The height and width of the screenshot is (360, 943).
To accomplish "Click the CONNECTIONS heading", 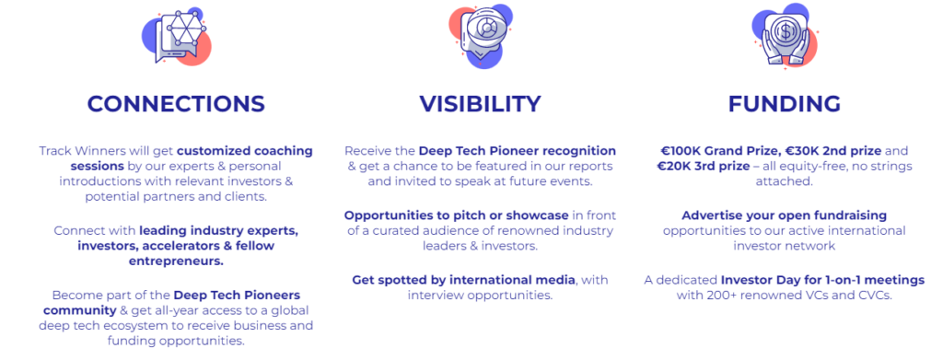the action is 176,104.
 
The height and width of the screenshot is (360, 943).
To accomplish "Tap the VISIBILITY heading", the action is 480,104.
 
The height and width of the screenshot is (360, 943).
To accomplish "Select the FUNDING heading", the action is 785,104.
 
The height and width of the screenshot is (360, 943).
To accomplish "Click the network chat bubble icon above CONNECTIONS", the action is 177,36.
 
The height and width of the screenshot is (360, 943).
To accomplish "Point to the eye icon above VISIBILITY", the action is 481,36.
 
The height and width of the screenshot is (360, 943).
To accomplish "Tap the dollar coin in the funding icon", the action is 785,31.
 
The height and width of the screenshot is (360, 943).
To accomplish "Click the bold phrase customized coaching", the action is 245,151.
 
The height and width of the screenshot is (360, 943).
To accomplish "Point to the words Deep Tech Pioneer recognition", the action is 518,151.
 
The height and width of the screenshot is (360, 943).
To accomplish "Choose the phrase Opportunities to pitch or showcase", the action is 457,215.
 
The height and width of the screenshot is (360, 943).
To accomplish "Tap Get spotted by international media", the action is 464,280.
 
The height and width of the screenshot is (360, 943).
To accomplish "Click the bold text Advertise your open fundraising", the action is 785,215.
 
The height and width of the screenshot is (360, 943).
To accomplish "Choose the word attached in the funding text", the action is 785,180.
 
